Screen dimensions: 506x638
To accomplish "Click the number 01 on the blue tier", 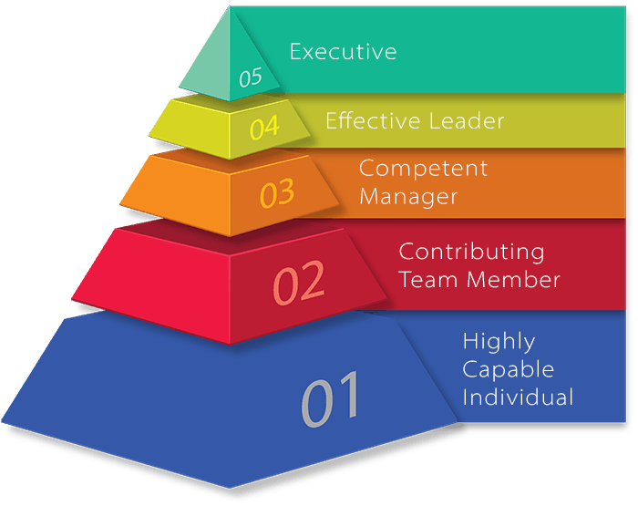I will click(x=331, y=399).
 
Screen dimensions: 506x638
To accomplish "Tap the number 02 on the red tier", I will click(x=299, y=283).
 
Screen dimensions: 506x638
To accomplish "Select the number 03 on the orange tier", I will click(x=277, y=193).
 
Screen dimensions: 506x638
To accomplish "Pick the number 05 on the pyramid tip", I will click(x=251, y=78).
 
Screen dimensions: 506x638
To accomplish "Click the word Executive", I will click(x=343, y=52).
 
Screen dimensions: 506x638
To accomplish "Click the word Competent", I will click(x=423, y=169).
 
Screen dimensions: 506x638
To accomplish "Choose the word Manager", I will click(x=407, y=196).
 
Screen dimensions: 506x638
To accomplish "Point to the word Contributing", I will click(x=471, y=252).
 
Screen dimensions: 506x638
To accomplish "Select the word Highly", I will click(x=499, y=342).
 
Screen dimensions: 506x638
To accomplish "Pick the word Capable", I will click(x=508, y=369).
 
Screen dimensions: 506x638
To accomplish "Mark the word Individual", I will click(x=518, y=398).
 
